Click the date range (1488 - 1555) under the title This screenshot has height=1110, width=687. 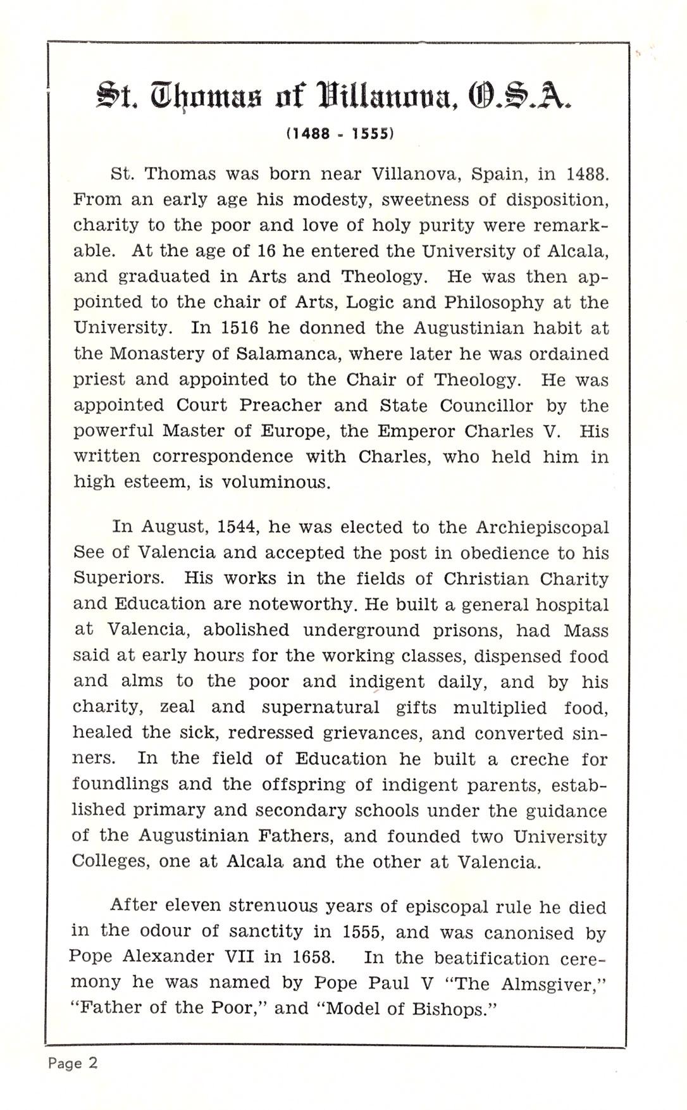pos(340,134)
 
